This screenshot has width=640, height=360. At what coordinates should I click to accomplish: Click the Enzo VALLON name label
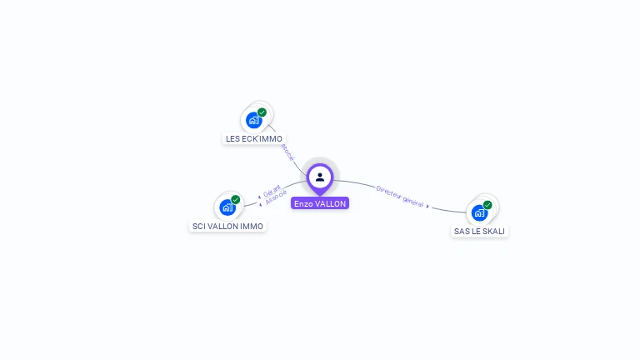pyautogui.click(x=320, y=203)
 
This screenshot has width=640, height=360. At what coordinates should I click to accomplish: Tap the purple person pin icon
pyautogui.click(x=320, y=177)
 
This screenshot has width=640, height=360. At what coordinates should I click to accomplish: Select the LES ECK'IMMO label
pyautogui.click(x=254, y=138)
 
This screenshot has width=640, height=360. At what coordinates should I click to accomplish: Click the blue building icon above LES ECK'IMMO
pyautogui.click(x=254, y=120)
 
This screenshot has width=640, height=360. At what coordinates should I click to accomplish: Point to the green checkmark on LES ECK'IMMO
pyautogui.click(x=262, y=112)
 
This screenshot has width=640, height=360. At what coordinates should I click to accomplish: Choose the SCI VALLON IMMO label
pyautogui.click(x=227, y=226)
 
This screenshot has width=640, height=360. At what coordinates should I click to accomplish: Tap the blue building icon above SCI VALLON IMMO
pyautogui.click(x=227, y=207)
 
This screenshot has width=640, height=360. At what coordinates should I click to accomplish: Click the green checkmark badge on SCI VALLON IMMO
pyautogui.click(x=236, y=200)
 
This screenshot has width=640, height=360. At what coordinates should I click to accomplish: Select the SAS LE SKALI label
pyautogui.click(x=479, y=231)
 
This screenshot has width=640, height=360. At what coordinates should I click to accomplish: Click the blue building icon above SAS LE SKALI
pyautogui.click(x=479, y=212)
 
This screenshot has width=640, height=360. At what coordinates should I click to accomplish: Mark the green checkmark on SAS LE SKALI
pyautogui.click(x=487, y=205)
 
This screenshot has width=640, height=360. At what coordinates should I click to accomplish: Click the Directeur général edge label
pyautogui.click(x=400, y=196)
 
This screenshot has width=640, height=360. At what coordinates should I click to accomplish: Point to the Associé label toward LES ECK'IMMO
pyautogui.click(x=287, y=151)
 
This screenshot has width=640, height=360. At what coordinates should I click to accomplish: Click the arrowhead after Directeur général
pyautogui.click(x=428, y=206)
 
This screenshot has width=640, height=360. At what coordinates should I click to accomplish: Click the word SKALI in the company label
pyautogui.click(x=492, y=231)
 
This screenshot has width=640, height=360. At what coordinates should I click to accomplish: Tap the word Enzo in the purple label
pyautogui.click(x=303, y=203)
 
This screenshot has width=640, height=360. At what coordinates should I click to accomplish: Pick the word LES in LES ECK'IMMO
pyautogui.click(x=232, y=138)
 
